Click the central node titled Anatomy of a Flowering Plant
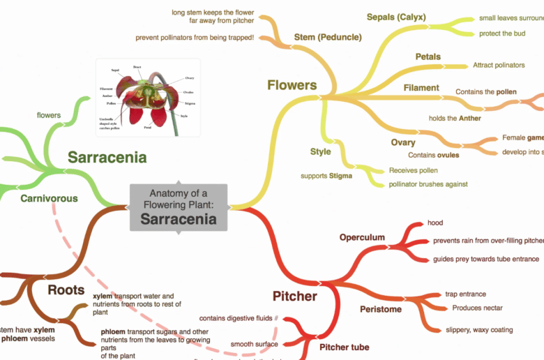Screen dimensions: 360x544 pyautogui.click(x=178, y=207)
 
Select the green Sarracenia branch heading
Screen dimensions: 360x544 pyautogui.click(x=107, y=157)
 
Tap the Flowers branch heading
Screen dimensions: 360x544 pyautogui.click(x=292, y=85)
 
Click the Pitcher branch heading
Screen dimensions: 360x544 pyautogui.click(x=294, y=296)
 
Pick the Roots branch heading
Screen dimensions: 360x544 pyautogui.click(x=66, y=289)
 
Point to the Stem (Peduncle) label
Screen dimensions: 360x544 pyautogui.click(x=327, y=36)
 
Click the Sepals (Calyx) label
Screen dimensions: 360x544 pyautogui.click(x=395, y=17)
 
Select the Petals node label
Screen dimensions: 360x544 pyautogui.click(x=428, y=57)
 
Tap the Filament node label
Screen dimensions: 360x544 pyautogui.click(x=421, y=88)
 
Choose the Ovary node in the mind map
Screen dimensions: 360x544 pyautogui.click(x=402, y=142)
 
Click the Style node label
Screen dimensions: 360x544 pyautogui.click(x=320, y=151)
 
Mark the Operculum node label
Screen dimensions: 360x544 pyautogui.click(x=362, y=237)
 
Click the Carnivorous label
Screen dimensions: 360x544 pyautogui.click(x=48, y=198)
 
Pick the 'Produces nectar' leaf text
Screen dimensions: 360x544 pyautogui.click(x=477, y=308)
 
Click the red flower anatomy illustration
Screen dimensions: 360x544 pyautogui.click(x=147, y=97)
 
